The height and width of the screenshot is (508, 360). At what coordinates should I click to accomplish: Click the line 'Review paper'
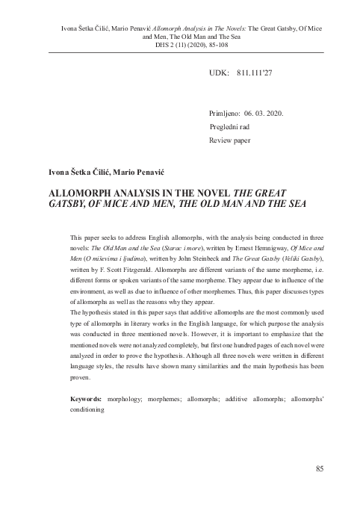[x=230, y=140]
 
